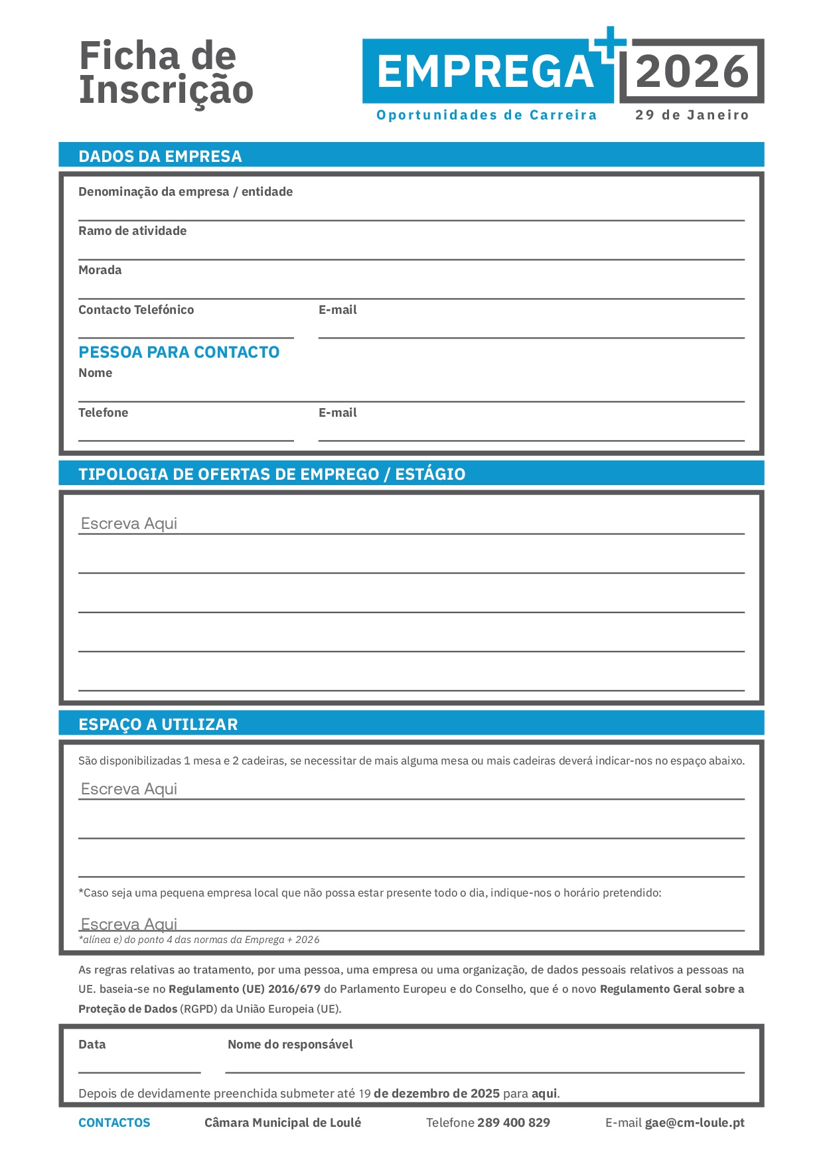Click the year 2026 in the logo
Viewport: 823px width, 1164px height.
click(692, 72)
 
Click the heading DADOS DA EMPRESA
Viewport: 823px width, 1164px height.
click(160, 156)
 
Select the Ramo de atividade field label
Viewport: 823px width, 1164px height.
click(132, 231)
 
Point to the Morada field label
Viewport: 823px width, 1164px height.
click(100, 270)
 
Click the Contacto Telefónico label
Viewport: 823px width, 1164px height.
click(136, 310)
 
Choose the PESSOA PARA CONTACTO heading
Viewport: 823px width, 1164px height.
click(179, 352)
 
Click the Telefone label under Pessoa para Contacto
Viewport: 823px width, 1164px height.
click(103, 413)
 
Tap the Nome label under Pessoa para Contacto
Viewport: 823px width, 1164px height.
click(95, 373)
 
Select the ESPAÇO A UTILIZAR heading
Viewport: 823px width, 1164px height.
click(158, 724)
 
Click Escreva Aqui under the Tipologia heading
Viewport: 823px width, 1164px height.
click(129, 524)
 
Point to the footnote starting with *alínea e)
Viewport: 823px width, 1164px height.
click(198, 940)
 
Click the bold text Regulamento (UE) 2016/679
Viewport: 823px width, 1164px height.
click(244, 989)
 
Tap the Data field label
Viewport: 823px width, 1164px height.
click(92, 1045)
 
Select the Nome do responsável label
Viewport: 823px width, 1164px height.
click(290, 1045)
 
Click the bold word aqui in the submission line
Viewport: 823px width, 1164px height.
click(544, 1093)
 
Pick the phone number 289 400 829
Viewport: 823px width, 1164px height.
click(513, 1123)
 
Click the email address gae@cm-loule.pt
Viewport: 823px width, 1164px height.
click(694, 1123)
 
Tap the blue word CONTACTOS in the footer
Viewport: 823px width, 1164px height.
click(114, 1123)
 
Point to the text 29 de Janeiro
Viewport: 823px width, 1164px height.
click(692, 115)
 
